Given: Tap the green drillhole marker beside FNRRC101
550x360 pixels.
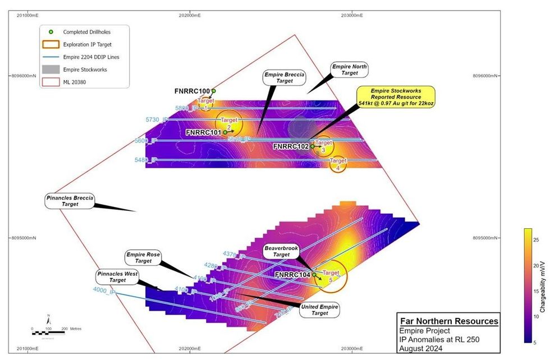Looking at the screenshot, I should pyautogui.click(x=225, y=132).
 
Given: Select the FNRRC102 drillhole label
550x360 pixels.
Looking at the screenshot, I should pyautogui.click(x=291, y=146).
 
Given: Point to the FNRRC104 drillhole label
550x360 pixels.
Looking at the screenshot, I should pyautogui.click(x=292, y=275).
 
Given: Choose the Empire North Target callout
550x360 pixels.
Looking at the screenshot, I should pyautogui.click(x=349, y=70).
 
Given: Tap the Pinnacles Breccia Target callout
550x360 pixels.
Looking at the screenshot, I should pyautogui.click(x=70, y=201).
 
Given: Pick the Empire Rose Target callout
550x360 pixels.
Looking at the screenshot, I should pyautogui.click(x=144, y=257).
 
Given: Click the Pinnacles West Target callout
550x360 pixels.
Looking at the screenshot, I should pyautogui.click(x=118, y=276).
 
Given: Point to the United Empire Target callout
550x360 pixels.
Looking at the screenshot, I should pyautogui.click(x=320, y=310).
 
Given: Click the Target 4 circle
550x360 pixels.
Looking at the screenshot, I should pyautogui.click(x=338, y=164).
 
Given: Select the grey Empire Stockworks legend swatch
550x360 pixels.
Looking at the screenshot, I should pyautogui.click(x=51, y=70).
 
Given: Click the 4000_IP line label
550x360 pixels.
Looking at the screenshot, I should pyautogui.click(x=104, y=289).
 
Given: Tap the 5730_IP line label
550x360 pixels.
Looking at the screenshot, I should pyautogui.click(x=157, y=119).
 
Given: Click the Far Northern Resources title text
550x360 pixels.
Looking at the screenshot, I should pyautogui.click(x=448, y=321).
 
